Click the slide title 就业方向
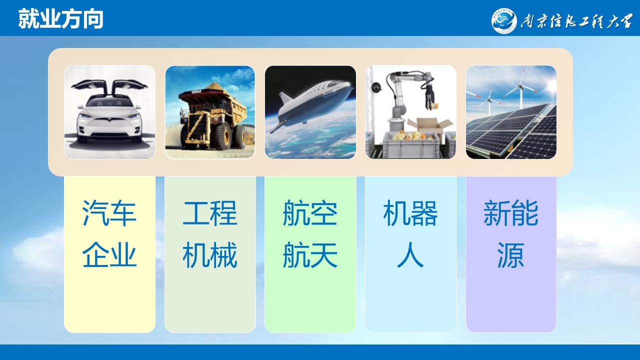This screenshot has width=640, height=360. coord(61,19)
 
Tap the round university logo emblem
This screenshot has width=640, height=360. coord(504,20)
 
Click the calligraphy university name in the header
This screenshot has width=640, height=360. coord(576,21)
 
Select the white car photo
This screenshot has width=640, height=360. coord(109,112)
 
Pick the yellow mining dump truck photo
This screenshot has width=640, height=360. coord(210,112)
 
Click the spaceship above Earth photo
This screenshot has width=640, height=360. coord(310,112)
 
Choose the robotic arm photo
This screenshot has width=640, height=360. coord(410,112)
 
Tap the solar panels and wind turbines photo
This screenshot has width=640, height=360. coord(511,112)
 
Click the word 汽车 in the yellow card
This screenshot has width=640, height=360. coord(109,213)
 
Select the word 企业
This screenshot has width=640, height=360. coord(109,255)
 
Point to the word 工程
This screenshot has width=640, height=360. coord(210,213)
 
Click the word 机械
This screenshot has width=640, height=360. coord(210,255)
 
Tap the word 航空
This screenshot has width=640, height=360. coord(310,213)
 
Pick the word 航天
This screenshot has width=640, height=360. coord(310,255)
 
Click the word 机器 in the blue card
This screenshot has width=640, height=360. coord(410,213)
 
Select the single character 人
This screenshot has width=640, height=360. coord(410,255)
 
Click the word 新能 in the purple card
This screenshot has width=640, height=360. coord(511,213)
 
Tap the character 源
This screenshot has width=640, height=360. coord(511,255)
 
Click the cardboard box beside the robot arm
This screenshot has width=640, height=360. coord(429,129)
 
